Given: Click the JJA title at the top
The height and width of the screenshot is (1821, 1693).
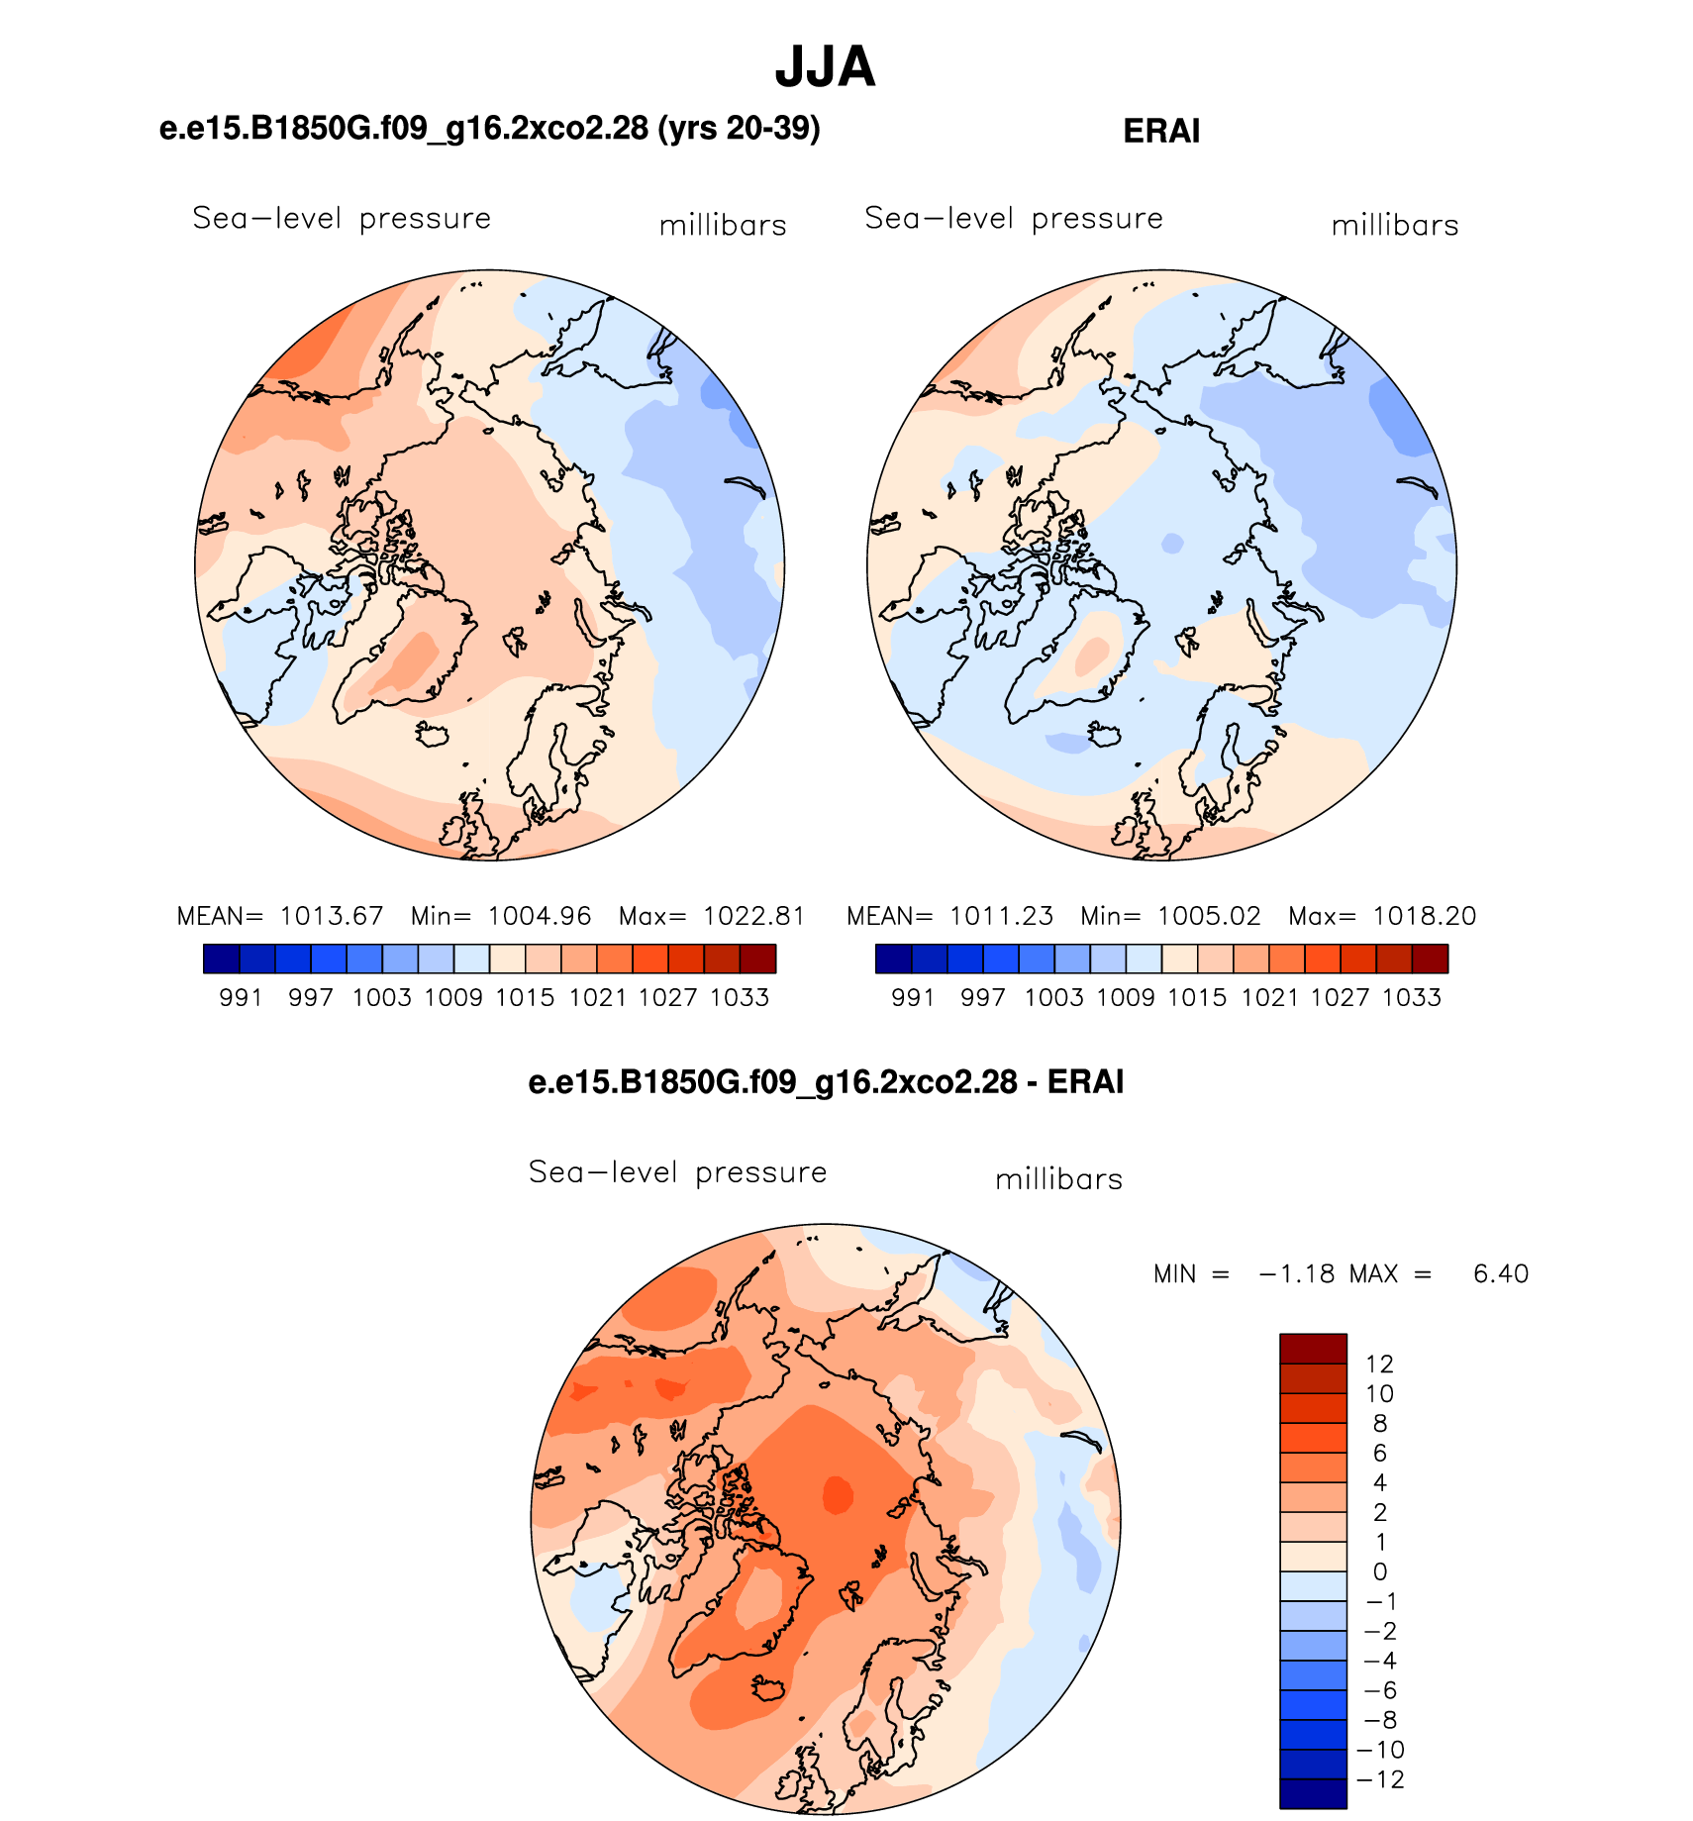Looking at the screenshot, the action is click(825, 67).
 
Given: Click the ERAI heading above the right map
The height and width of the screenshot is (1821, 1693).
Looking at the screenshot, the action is click(1161, 132).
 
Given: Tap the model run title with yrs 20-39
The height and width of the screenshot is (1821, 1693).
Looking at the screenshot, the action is click(489, 129).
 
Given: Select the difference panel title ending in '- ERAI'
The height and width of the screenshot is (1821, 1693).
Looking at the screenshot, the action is click(826, 1082).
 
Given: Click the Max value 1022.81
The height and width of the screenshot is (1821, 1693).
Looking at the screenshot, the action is click(754, 916).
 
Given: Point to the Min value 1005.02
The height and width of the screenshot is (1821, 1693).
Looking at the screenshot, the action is click(1210, 916).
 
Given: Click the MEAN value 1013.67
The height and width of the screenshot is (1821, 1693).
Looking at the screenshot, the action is click(332, 916).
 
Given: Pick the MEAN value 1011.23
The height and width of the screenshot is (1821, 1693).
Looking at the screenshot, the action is click(1002, 916).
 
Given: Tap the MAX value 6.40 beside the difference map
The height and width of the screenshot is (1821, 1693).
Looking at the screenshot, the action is click(1501, 1273).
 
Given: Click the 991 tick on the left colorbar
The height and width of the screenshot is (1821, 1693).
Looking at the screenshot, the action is click(241, 997).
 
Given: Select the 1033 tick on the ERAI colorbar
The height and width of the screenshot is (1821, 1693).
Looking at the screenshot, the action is click(1412, 997).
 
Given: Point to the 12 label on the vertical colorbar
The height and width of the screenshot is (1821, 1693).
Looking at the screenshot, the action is click(1379, 1365).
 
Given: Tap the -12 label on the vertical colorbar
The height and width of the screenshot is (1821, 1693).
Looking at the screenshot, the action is click(1380, 1779).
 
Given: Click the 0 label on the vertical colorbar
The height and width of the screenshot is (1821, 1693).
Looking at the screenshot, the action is click(1379, 1571).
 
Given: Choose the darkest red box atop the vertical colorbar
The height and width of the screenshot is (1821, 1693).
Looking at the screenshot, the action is click(1313, 1349).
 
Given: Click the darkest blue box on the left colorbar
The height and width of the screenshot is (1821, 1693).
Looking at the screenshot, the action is click(222, 959).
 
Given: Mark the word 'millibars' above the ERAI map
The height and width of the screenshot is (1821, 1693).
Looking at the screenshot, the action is click(1395, 226).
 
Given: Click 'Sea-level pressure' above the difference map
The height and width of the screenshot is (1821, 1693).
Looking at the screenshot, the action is click(677, 1172).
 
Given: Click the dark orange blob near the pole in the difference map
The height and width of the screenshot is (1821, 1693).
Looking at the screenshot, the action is click(838, 1494).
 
